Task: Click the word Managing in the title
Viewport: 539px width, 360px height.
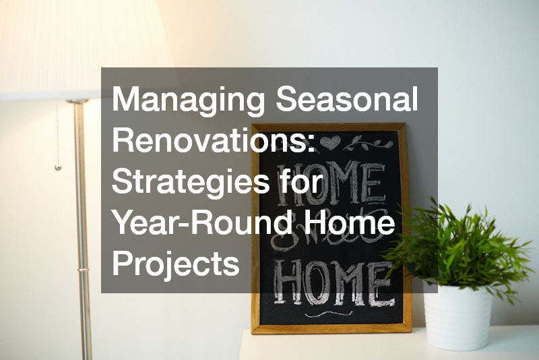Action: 189,100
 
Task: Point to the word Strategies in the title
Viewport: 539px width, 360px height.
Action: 191,182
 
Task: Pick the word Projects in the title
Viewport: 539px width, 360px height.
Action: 176,265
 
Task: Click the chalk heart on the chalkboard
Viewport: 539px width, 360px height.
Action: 330,142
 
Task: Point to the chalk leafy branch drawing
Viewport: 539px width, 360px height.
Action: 368,143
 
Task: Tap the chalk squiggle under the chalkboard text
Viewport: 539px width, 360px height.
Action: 329,313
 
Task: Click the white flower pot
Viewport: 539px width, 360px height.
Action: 457,316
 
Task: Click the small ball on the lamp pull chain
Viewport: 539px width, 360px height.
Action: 58,167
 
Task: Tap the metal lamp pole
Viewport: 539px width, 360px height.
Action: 82,231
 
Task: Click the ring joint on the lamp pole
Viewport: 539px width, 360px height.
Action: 83,270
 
